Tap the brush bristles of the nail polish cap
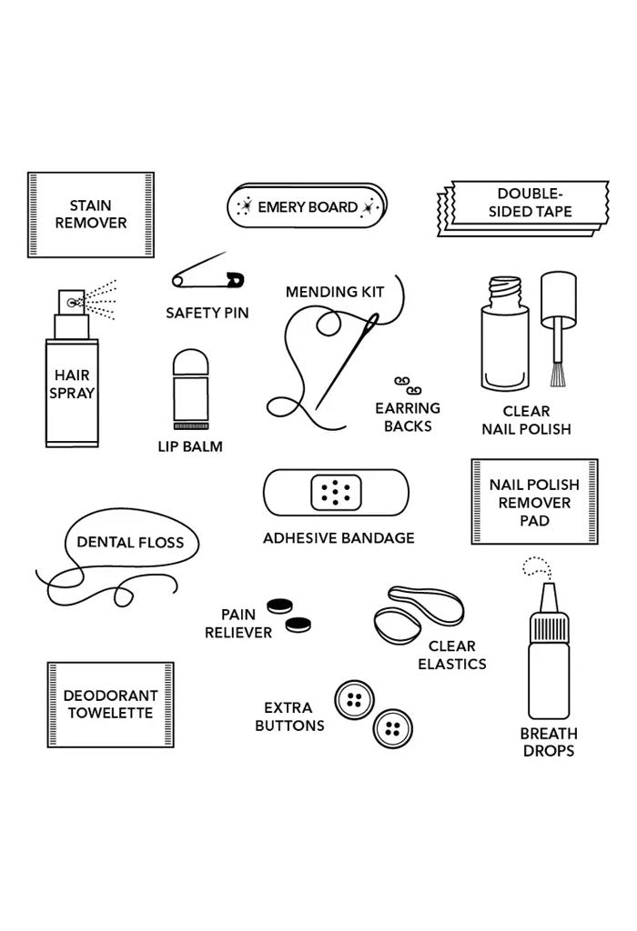click(x=554, y=373)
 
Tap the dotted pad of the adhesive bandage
click(x=337, y=494)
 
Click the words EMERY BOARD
click(x=308, y=207)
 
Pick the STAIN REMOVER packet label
click(x=91, y=215)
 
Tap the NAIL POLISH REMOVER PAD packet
click(x=536, y=502)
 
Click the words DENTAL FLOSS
click(x=130, y=543)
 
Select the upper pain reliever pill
click(x=277, y=606)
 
